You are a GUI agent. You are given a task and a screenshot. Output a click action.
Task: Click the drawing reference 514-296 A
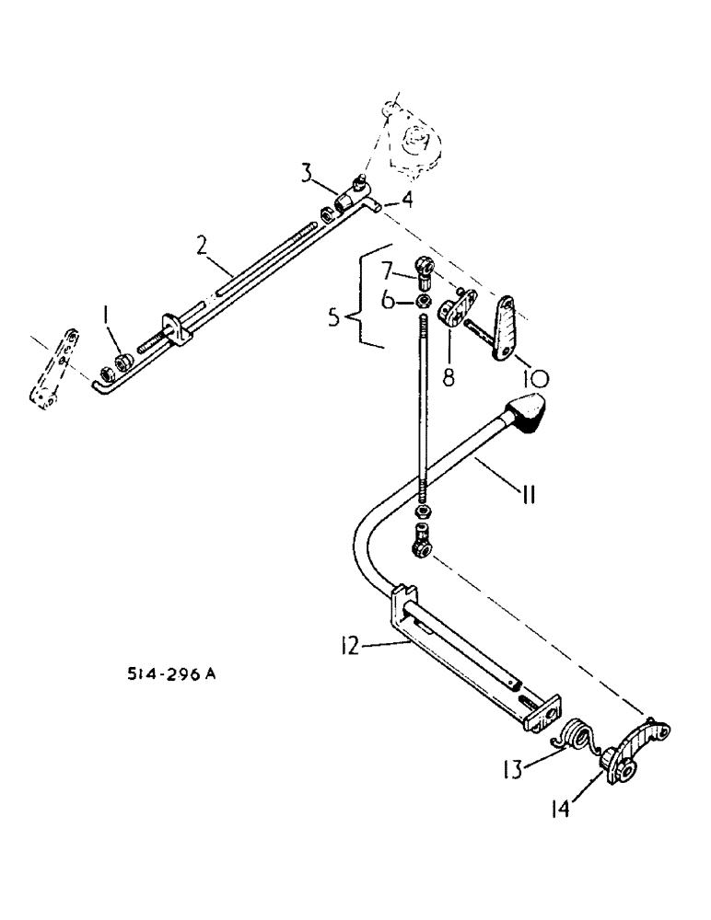click(x=173, y=674)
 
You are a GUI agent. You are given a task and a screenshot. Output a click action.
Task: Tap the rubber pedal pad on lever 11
click(x=526, y=412)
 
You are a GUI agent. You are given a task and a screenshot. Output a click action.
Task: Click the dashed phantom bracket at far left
click(x=52, y=373)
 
